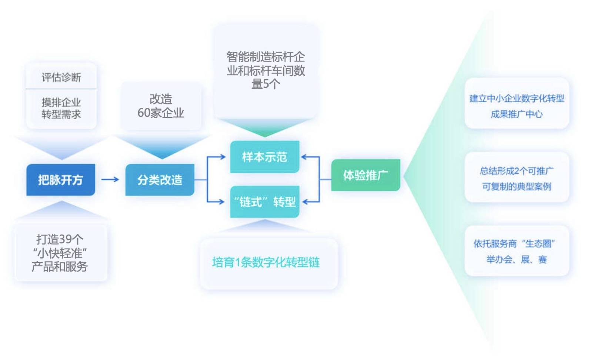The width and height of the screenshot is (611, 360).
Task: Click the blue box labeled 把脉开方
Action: coord(61,180)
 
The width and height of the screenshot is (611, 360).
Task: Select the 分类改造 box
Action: coord(160,180)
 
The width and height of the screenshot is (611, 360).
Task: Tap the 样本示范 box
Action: coord(264,157)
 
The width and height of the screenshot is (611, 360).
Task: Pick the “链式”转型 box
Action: coord(264,202)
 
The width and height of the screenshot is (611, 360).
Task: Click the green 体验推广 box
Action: coord(365,175)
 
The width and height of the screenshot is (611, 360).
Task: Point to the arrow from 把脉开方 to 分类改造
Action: coord(110,180)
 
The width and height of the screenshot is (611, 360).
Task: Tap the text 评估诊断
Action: coord(61,77)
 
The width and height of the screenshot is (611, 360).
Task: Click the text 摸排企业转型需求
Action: coord(61,108)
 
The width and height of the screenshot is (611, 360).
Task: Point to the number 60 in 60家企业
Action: coord(144,113)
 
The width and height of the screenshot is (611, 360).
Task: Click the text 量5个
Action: coord(266,84)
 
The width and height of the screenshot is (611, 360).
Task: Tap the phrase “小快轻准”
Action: coord(60,253)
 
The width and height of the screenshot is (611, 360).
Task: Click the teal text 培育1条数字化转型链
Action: coord(266,263)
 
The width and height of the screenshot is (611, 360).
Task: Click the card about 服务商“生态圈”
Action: coord(517,251)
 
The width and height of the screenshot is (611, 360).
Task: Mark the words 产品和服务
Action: coord(60,267)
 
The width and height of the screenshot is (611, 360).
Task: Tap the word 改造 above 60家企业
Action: coord(161,99)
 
